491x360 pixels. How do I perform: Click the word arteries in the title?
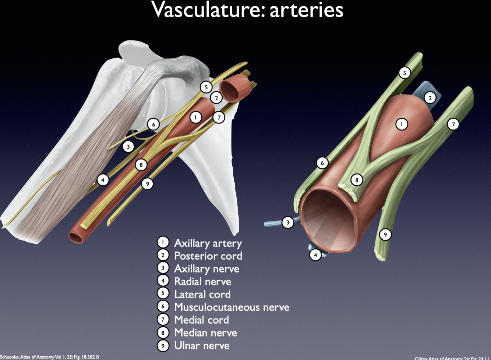(x=306, y=10)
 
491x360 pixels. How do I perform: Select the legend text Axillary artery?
(x=208, y=243)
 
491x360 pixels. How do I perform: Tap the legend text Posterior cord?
(x=208, y=256)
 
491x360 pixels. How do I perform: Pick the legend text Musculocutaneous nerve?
(x=232, y=307)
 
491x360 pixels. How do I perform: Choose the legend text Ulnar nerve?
(x=202, y=346)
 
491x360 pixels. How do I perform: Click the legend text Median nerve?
(x=205, y=333)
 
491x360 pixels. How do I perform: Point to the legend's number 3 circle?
(x=163, y=268)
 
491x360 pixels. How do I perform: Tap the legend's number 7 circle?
(x=163, y=320)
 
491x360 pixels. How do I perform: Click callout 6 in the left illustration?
(x=153, y=124)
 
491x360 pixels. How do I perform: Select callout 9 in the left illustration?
(x=147, y=183)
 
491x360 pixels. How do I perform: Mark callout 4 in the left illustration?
(x=103, y=180)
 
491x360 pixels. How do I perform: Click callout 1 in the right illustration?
(x=402, y=124)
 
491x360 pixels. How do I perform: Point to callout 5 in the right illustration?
(x=405, y=73)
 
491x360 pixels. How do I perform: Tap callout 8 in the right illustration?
(x=356, y=180)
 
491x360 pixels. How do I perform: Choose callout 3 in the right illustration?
(x=288, y=222)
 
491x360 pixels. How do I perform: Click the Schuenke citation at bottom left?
(x=49, y=357)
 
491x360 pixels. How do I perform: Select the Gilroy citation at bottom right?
(x=453, y=358)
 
